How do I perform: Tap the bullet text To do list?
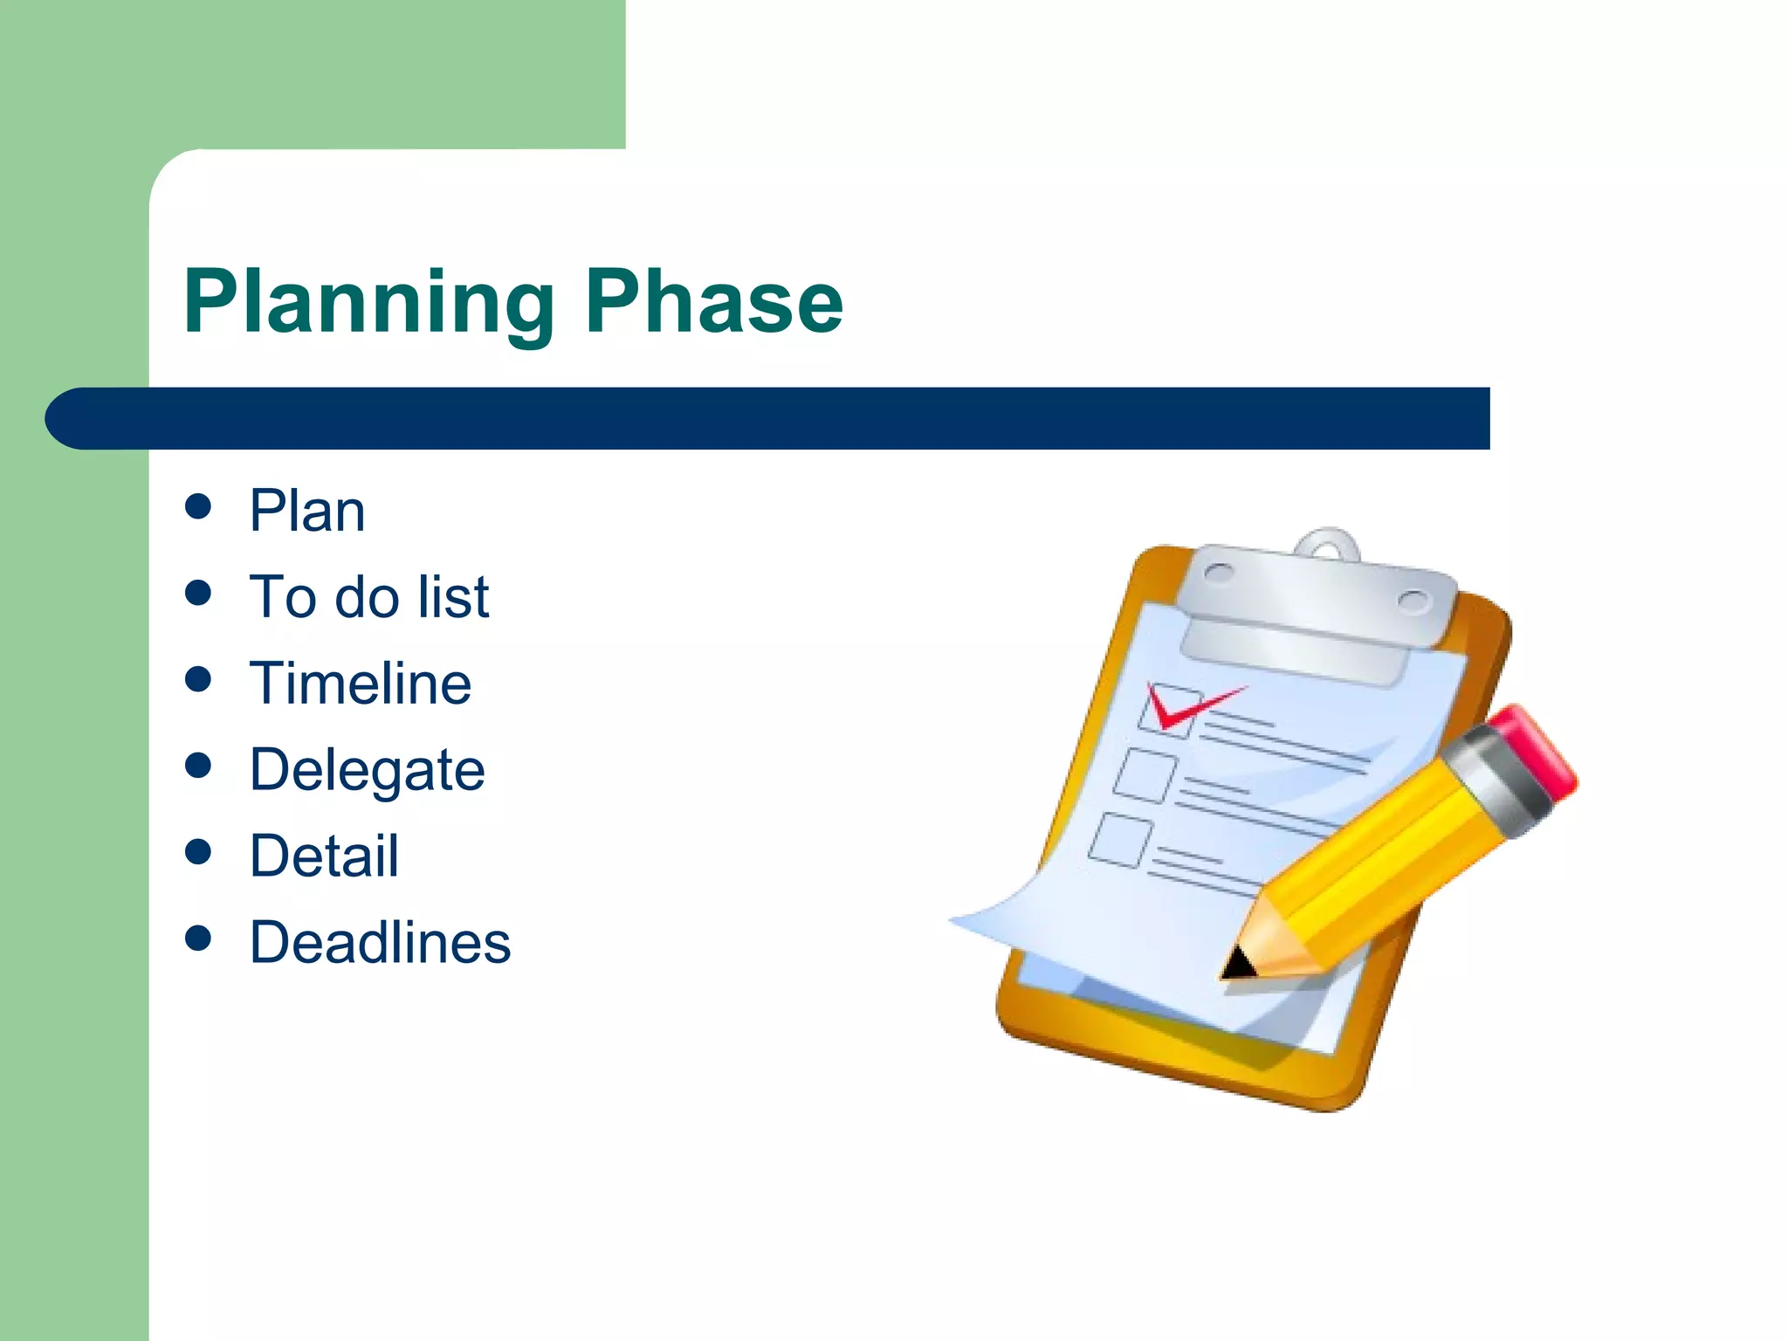[x=368, y=597]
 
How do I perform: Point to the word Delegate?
[x=367, y=770]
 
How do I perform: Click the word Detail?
[x=324, y=856]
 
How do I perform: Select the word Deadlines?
[x=380, y=943]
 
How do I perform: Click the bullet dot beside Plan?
[x=198, y=507]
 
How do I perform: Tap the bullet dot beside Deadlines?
[x=198, y=939]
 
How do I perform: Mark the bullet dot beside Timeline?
[x=198, y=679]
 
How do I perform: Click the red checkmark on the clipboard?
[x=1187, y=706]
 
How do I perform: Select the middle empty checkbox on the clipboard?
[x=1144, y=774]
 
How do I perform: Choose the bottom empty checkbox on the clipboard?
[x=1119, y=839]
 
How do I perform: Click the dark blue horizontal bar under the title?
[x=768, y=418]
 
